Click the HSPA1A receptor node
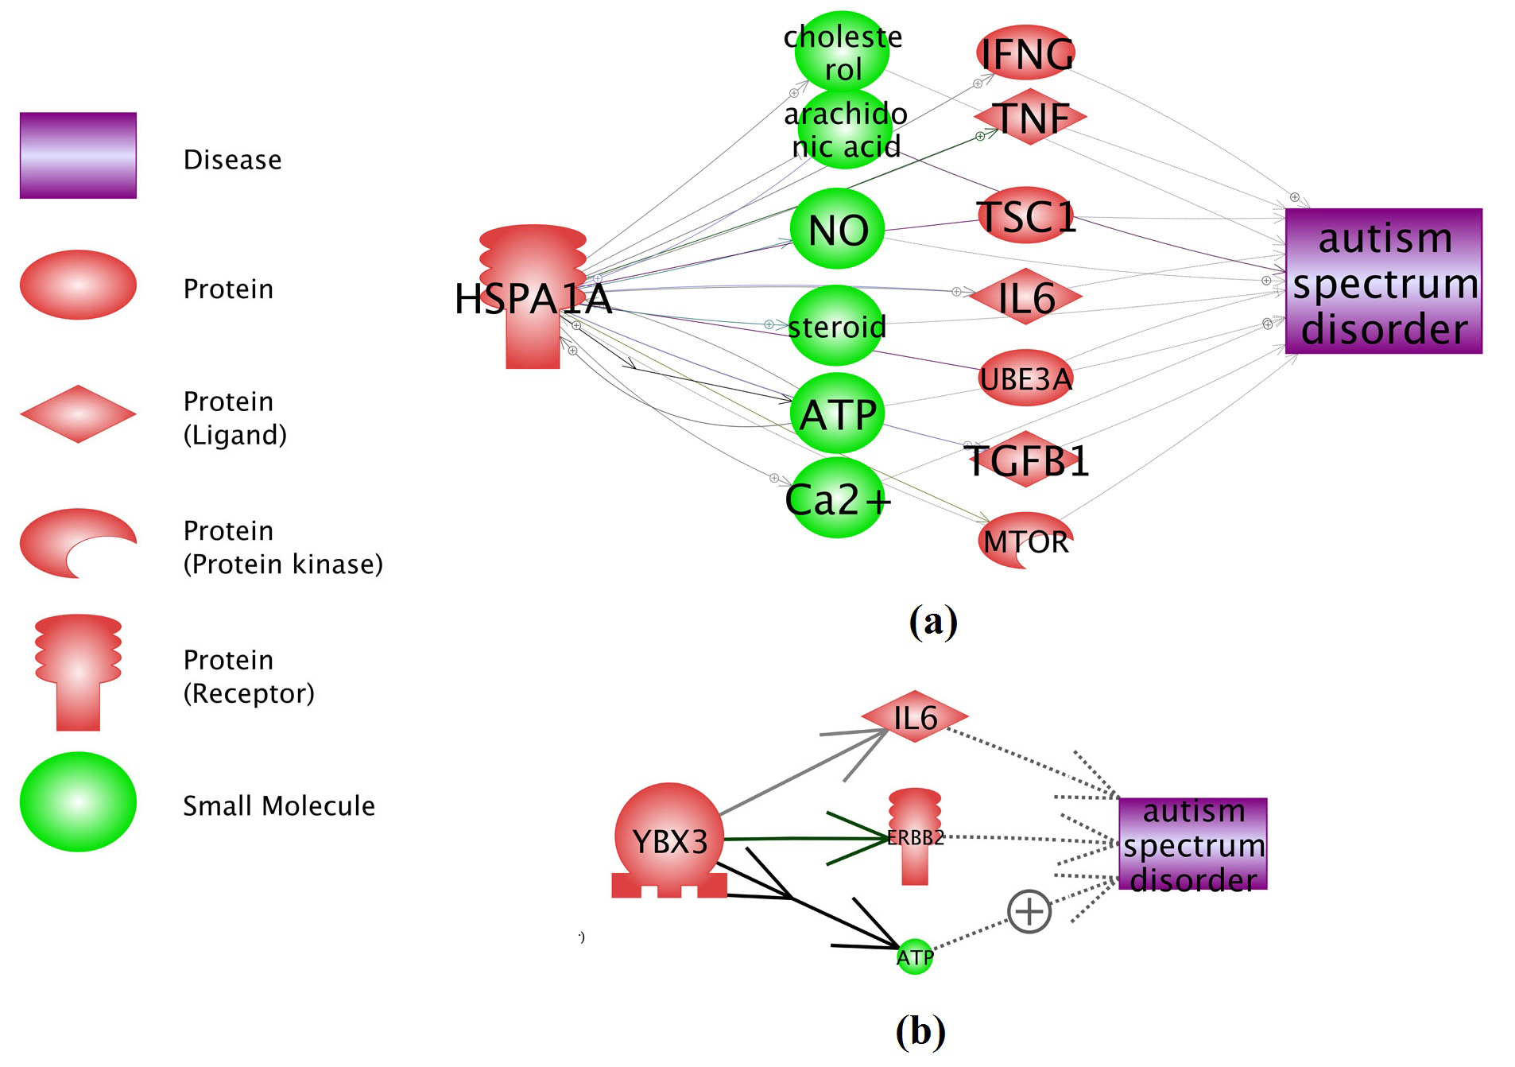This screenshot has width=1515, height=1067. point(533,298)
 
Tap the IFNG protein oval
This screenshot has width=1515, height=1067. point(1025,53)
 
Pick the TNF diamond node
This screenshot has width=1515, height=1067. point(1030,118)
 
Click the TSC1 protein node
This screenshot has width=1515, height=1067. point(1026,215)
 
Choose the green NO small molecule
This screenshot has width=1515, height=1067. point(837,229)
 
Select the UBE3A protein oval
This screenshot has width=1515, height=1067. point(1025,378)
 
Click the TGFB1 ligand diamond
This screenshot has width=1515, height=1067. point(1026,460)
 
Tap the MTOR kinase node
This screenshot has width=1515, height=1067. point(1025,541)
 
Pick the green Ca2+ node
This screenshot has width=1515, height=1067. point(837,499)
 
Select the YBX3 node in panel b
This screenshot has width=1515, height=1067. point(669,840)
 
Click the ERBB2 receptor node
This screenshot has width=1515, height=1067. point(915,837)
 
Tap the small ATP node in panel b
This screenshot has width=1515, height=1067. point(915,956)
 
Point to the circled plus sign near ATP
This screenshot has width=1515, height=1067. point(1029,911)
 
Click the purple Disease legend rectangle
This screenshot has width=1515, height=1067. point(78,155)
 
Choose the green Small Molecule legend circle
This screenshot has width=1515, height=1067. point(78,802)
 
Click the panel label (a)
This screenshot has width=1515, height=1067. point(933,621)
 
